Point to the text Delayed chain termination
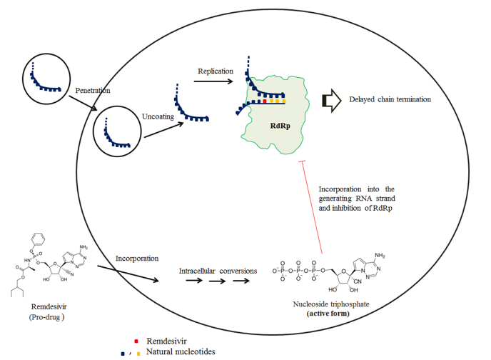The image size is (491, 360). point(390,99)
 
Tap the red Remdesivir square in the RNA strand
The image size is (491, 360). point(265,101)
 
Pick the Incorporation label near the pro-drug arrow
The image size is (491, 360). point(137,258)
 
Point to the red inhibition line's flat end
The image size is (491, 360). point(303,163)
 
